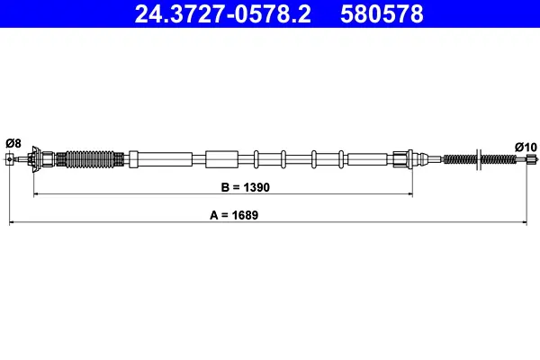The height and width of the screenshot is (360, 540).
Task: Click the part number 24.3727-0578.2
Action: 222,13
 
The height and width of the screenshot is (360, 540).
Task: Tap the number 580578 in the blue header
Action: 382,13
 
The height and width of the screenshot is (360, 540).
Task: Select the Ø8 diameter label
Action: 13,143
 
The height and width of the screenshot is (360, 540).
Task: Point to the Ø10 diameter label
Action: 526,147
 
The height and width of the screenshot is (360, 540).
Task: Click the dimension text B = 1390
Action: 245,187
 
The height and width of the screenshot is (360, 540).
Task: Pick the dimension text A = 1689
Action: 234,215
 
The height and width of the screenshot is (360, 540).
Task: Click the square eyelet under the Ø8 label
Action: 10,159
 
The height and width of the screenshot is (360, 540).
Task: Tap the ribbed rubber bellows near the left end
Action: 89,159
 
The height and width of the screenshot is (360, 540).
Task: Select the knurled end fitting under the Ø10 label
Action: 533,158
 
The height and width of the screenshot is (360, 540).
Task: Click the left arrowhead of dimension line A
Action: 12,222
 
